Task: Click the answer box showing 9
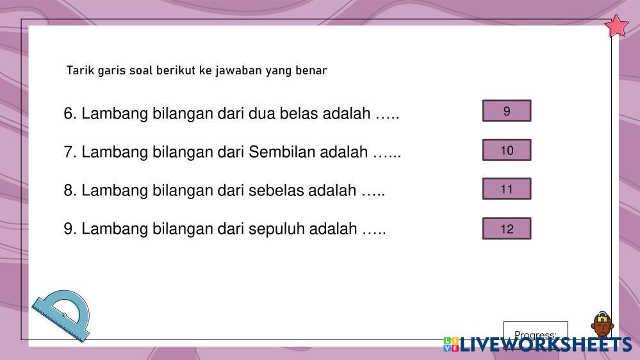[x=507, y=111]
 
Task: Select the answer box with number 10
[x=507, y=150]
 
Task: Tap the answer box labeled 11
[x=507, y=188]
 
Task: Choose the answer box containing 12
[x=507, y=228]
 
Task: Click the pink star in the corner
[x=616, y=26]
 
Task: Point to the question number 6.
[x=70, y=113]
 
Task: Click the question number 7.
[x=70, y=152]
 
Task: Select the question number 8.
[x=70, y=190]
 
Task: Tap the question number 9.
[x=70, y=229]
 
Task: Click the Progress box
[x=536, y=330]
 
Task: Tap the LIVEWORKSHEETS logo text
[x=546, y=345]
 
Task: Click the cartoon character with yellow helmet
[x=602, y=325]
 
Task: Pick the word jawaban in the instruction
[x=238, y=70]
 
